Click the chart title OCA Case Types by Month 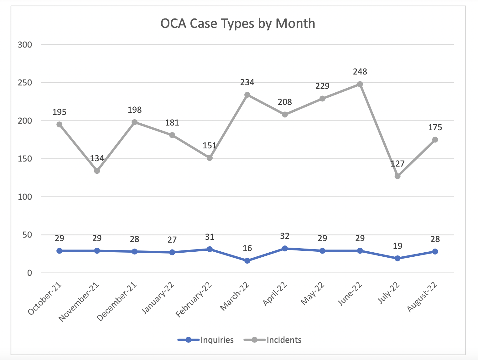tap(238, 23)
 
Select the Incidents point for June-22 tap(360, 84)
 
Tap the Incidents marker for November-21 tap(97, 171)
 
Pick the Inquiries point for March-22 tap(247, 260)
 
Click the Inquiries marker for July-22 tap(397, 258)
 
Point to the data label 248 tap(360, 72)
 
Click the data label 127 tap(397, 164)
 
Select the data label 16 tap(247, 248)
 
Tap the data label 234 tap(247, 82)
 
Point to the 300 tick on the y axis tap(25, 44)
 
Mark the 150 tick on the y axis tap(25, 159)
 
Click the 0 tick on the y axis tap(29, 273)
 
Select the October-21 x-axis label tap(45, 299)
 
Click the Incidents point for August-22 tap(435, 140)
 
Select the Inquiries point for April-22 tap(285, 249)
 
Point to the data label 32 tap(285, 236)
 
